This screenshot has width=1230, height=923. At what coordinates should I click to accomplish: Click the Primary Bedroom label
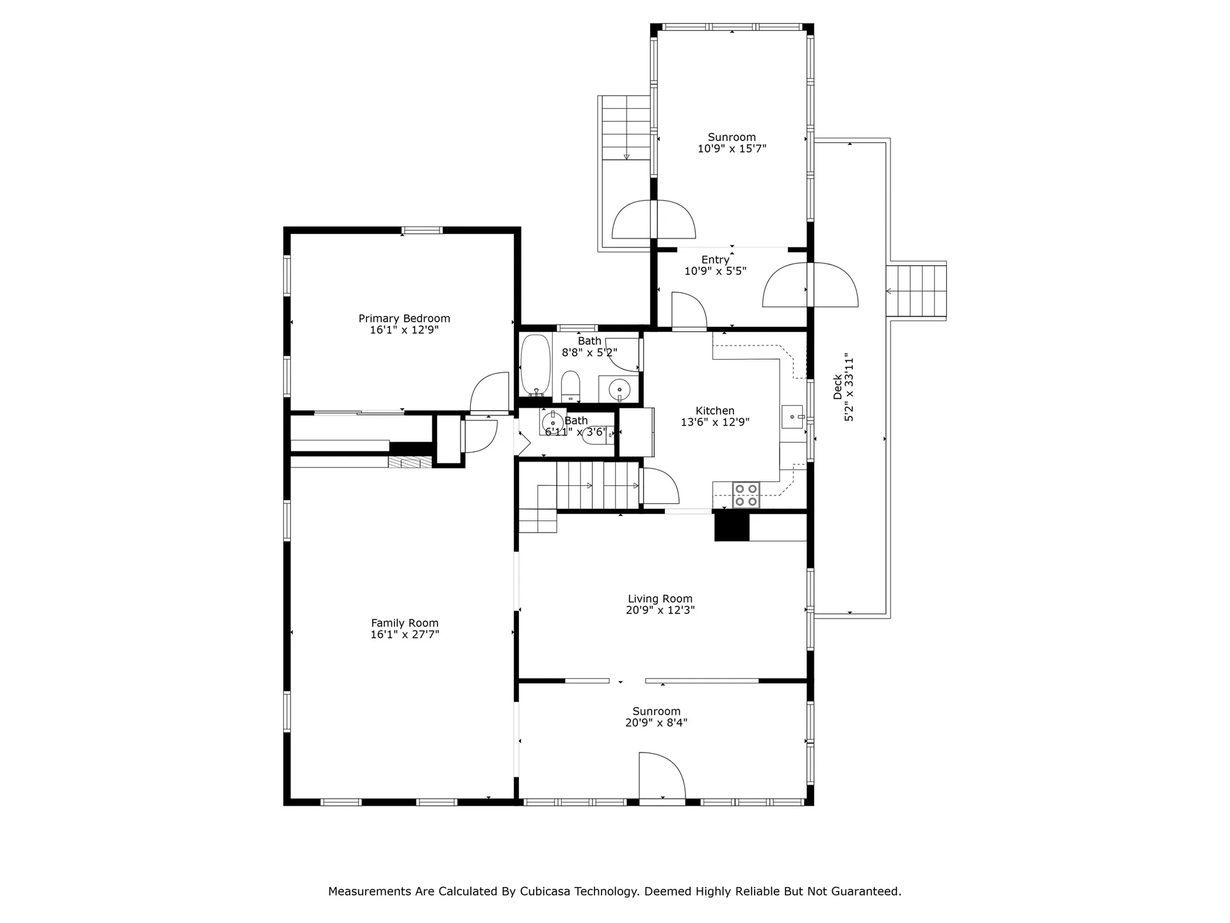[404, 319]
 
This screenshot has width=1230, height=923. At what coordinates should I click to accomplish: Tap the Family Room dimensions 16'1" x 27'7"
[404, 635]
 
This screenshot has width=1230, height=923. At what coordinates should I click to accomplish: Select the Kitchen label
[715, 411]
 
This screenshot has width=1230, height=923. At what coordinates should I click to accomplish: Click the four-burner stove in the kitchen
[746, 495]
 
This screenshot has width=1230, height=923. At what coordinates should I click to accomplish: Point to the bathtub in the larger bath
[536, 365]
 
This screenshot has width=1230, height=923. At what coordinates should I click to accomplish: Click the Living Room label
[660, 599]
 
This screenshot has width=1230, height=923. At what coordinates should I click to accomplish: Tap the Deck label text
[838, 387]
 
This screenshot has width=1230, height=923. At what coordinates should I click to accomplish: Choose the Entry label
[715, 260]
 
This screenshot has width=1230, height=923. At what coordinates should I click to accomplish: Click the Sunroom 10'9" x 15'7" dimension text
[732, 149]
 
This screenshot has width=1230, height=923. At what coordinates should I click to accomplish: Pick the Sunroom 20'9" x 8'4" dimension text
[656, 722]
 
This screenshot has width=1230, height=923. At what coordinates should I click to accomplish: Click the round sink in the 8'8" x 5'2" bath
[619, 388]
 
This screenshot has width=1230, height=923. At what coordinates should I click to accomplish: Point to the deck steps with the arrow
[916, 290]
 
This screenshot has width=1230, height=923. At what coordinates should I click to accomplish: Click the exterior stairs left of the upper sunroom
[627, 128]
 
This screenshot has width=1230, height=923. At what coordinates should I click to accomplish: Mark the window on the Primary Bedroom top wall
[422, 230]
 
